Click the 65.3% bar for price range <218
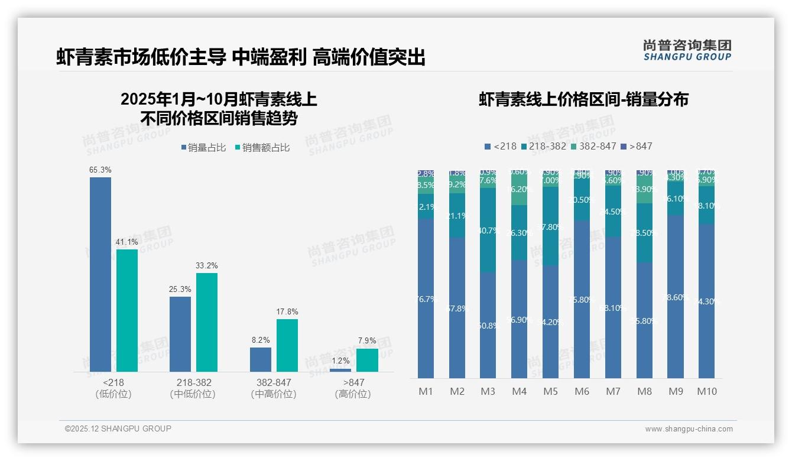coord(100,274)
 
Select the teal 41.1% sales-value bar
coord(127,310)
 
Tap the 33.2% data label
coord(207,265)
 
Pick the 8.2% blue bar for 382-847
coord(261,359)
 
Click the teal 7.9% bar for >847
coord(367,360)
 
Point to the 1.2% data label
coord(340,361)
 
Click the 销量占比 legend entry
coord(203,148)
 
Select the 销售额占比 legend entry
coord(262,148)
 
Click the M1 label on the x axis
coord(426,391)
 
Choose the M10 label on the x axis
coord(706,391)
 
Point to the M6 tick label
coord(582,391)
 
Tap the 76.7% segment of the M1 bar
coord(426,298)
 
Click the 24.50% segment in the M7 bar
coord(614,212)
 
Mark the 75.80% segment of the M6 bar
coord(582,299)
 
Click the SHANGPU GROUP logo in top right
coord(687,50)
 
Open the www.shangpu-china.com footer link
coord(689,429)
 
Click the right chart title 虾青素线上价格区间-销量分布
coord(583,99)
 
